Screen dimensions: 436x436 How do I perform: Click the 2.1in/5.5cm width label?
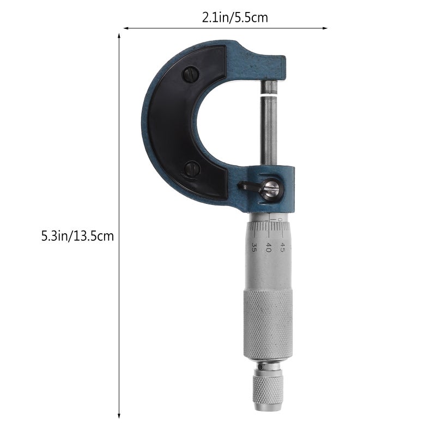pos(235,18)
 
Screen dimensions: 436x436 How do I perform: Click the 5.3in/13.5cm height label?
pos(77,237)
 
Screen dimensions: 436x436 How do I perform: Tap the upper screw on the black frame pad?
pos(190,74)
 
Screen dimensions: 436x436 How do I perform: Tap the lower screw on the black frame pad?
pos(192,169)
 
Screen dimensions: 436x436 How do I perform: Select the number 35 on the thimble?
pos(254,247)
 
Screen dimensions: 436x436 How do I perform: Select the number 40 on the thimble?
pos(268,247)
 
